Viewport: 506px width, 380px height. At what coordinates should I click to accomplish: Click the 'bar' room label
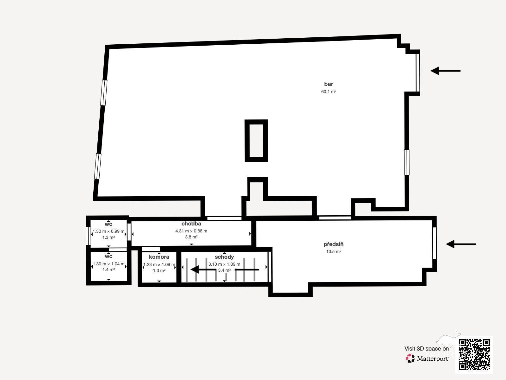(329, 84)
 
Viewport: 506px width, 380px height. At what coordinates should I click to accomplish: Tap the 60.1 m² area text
(329, 92)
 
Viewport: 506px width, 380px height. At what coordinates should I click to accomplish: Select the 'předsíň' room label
(334, 244)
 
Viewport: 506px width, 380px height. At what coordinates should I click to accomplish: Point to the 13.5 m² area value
(334, 251)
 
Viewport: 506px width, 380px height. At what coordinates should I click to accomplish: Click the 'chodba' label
(191, 224)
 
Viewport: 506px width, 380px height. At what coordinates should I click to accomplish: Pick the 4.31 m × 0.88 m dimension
(191, 231)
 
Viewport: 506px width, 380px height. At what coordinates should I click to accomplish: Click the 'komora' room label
(159, 257)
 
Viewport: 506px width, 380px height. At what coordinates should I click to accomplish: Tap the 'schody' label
(224, 257)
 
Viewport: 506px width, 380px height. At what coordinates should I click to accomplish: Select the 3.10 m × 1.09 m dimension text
(224, 264)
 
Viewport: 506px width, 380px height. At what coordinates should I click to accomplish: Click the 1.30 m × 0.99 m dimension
(108, 231)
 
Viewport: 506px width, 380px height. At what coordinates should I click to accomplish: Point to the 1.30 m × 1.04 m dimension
(108, 264)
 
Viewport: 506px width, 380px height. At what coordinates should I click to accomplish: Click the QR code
(474, 355)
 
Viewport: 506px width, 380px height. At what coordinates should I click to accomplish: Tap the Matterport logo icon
(410, 358)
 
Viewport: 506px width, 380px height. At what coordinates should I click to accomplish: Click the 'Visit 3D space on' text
(427, 349)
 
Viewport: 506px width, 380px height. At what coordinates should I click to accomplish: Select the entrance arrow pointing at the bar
(445, 71)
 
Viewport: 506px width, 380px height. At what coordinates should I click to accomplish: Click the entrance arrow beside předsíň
(461, 244)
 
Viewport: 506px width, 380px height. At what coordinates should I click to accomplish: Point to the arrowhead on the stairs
(195, 269)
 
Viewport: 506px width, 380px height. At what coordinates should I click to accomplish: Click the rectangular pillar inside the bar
(256, 141)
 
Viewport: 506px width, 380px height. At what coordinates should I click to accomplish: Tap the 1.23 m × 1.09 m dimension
(159, 264)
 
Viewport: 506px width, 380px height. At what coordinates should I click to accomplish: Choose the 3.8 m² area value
(191, 237)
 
